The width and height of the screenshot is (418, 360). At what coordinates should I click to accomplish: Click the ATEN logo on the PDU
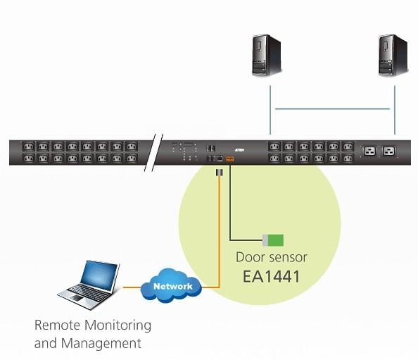pos(240,150)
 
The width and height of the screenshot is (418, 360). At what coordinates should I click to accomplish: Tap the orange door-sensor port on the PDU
pos(229,159)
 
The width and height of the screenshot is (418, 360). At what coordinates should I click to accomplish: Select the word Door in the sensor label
pos(251,257)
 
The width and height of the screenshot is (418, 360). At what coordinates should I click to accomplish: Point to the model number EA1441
pos(272,276)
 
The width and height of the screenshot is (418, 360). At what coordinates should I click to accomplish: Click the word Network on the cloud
pos(172,286)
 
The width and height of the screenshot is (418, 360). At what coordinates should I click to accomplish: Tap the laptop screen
pos(99,275)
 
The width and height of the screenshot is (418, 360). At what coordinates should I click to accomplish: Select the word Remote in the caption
pos(57,325)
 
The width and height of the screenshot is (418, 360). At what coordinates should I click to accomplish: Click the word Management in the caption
pos(101,343)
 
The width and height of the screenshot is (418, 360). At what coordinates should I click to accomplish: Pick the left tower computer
pos(266,56)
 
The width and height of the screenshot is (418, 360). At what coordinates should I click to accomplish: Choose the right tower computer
pos(393,55)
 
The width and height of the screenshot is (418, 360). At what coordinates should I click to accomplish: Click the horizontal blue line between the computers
pos(332,108)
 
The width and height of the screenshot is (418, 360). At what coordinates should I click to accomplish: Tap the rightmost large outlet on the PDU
pos(388,151)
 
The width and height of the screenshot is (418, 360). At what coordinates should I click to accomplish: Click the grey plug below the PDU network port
pos(219,173)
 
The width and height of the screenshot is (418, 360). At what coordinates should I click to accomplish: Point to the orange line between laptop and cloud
pos(132,287)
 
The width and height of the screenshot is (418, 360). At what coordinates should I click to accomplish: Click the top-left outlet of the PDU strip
pos(29,147)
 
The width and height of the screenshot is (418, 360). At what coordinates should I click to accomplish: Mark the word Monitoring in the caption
pos(118,325)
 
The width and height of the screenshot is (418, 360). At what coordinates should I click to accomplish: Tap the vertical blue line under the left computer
pos(270,110)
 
